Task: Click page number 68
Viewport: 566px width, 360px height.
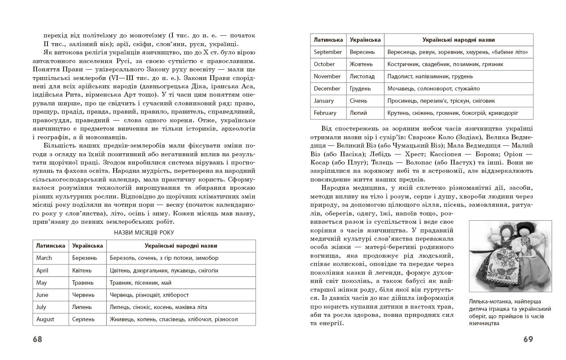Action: pos(37,339)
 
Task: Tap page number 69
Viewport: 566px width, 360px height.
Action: pos(528,339)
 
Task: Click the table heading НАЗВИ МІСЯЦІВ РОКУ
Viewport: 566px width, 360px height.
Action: pos(144,233)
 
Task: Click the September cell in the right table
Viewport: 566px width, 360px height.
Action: pos(328,52)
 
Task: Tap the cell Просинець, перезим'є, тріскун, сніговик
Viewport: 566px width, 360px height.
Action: pos(441,101)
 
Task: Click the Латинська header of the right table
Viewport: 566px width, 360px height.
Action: pos(328,40)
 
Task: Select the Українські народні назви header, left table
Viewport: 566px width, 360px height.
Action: pos(181,246)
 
